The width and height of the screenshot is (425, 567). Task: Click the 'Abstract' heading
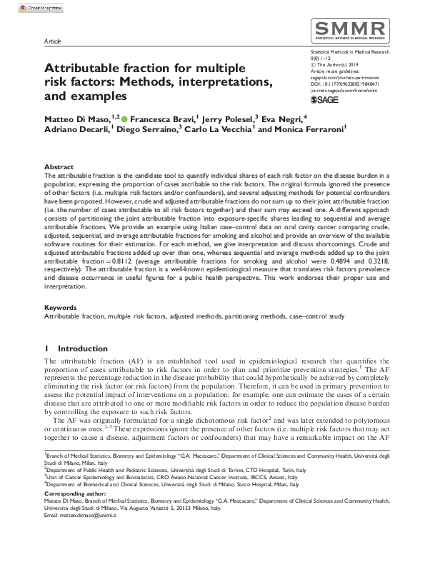pos(59,166)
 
